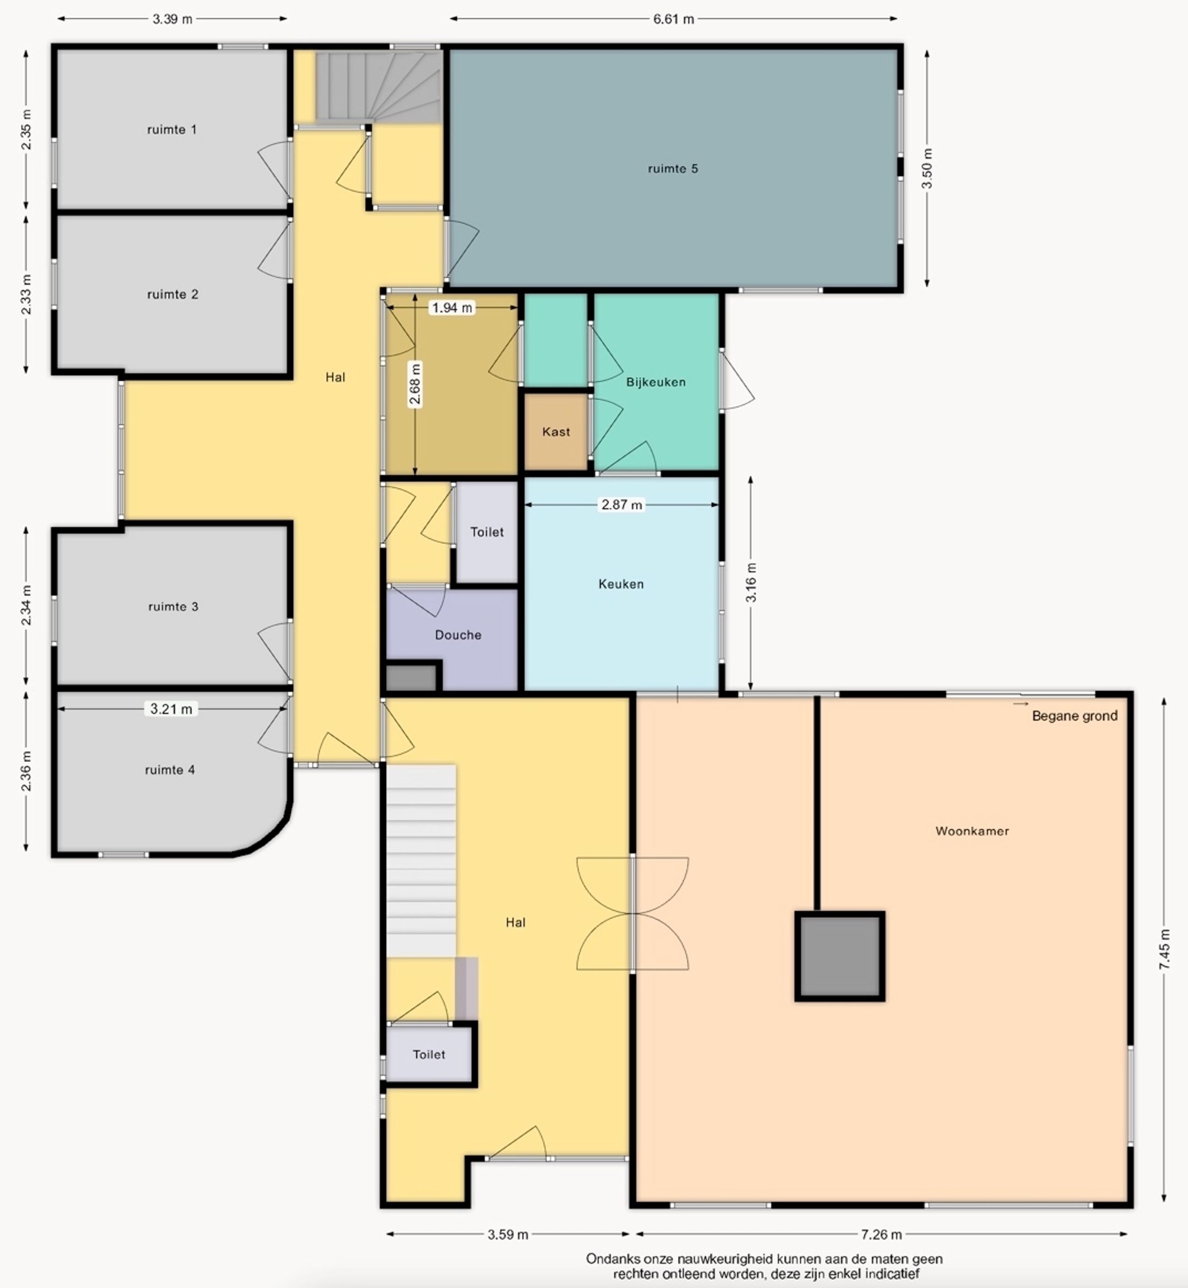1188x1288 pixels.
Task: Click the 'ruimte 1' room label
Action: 172,129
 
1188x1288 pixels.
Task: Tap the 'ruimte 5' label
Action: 673,168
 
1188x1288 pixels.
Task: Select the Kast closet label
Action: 556,431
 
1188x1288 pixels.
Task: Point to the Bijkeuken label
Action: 656,382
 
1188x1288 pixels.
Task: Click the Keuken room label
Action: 621,584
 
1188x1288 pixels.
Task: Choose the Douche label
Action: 458,635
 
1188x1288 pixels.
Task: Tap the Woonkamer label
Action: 972,831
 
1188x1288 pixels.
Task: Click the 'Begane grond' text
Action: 1075,716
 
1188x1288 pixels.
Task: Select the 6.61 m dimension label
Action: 674,19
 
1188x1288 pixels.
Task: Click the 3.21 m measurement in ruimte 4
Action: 171,709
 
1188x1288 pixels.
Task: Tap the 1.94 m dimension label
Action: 452,308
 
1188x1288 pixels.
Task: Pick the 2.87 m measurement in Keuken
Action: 621,504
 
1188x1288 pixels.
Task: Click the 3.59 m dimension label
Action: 508,1234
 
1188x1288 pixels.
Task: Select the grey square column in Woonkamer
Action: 839,956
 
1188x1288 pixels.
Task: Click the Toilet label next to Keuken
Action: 487,532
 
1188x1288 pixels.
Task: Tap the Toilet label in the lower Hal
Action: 429,1054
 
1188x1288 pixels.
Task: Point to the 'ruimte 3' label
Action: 173,606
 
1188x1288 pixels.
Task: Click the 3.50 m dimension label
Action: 927,168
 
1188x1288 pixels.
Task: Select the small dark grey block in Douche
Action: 411,678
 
